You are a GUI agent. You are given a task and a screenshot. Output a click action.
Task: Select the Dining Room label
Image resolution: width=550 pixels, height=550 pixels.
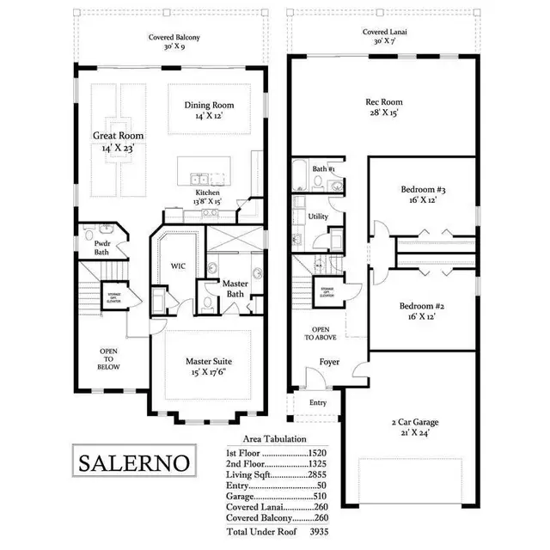[210, 112]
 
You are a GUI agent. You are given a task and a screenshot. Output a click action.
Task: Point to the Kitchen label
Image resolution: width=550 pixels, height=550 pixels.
[208, 198]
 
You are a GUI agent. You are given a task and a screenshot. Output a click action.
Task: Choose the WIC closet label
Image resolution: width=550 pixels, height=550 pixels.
[179, 266]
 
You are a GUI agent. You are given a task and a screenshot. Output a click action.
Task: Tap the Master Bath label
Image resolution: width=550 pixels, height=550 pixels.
[235, 289]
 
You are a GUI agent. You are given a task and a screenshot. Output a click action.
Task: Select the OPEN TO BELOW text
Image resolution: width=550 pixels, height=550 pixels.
[108, 359]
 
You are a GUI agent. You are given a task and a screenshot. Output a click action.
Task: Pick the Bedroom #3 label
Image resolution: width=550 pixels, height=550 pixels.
[422, 194]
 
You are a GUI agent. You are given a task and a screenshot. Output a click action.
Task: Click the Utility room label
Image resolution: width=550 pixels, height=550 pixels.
[318, 217]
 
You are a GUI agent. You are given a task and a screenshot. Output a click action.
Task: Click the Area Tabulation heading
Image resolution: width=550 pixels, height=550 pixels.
[275, 440]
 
